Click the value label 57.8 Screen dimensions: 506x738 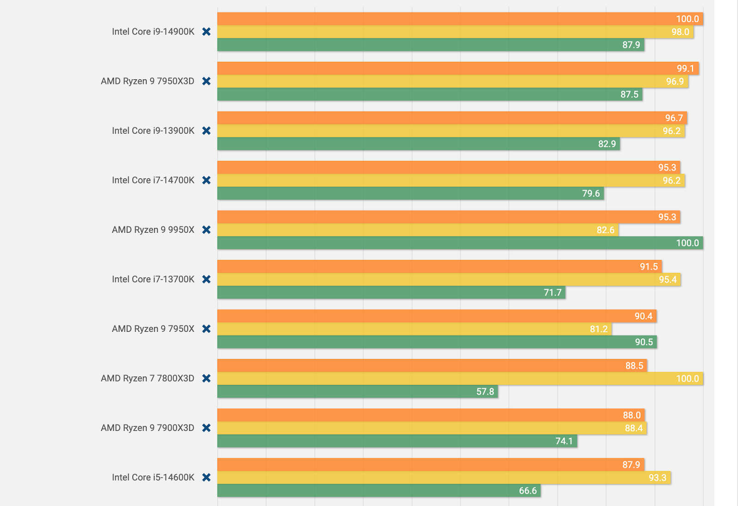click(x=485, y=392)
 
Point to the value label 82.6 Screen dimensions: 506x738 click(x=605, y=230)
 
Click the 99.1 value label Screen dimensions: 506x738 click(x=685, y=69)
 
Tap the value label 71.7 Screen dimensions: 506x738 click(x=552, y=293)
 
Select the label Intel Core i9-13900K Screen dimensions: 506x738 click(x=153, y=131)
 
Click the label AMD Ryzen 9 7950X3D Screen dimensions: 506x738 click(x=148, y=81)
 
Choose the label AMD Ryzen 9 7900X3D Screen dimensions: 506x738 click(x=148, y=428)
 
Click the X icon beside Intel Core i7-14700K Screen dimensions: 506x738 click(x=206, y=180)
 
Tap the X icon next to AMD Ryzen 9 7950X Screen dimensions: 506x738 click(x=206, y=329)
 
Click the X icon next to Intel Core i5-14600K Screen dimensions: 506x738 click(x=206, y=477)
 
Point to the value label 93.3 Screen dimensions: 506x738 click(x=657, y=477)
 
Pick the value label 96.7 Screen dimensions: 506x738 click(x=673, y=118)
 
